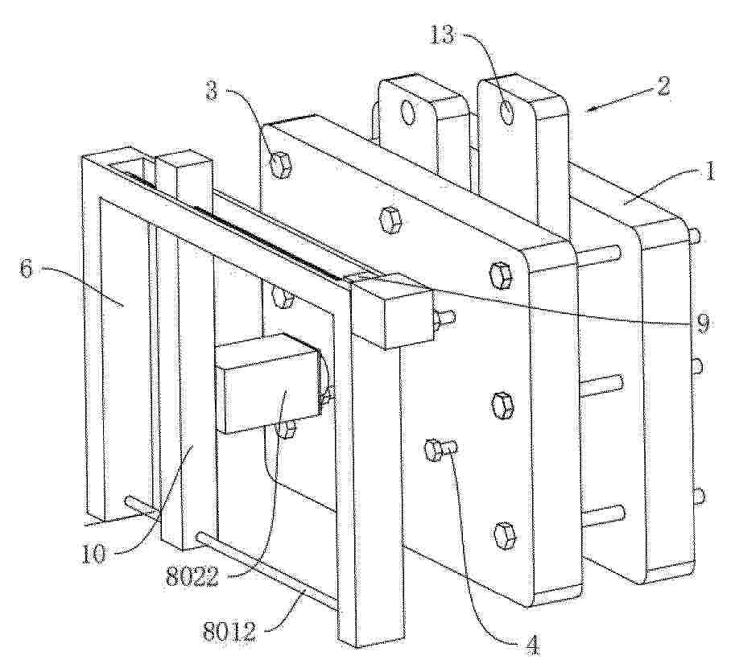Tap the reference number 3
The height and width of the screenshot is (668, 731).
212,91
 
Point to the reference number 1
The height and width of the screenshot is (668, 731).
709,172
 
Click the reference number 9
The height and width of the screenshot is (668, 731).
704,323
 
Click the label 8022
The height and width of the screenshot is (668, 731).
192,579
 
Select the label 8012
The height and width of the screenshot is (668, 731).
229,631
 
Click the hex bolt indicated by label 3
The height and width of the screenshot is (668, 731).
281,165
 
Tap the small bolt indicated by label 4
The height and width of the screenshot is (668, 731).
440,451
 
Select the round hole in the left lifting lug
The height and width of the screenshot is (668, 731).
408,113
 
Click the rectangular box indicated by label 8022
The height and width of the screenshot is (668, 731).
271,383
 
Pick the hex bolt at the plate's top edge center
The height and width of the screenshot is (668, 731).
391,220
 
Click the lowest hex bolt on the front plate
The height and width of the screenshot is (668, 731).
504,536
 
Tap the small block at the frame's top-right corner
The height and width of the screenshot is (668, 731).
391,311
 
